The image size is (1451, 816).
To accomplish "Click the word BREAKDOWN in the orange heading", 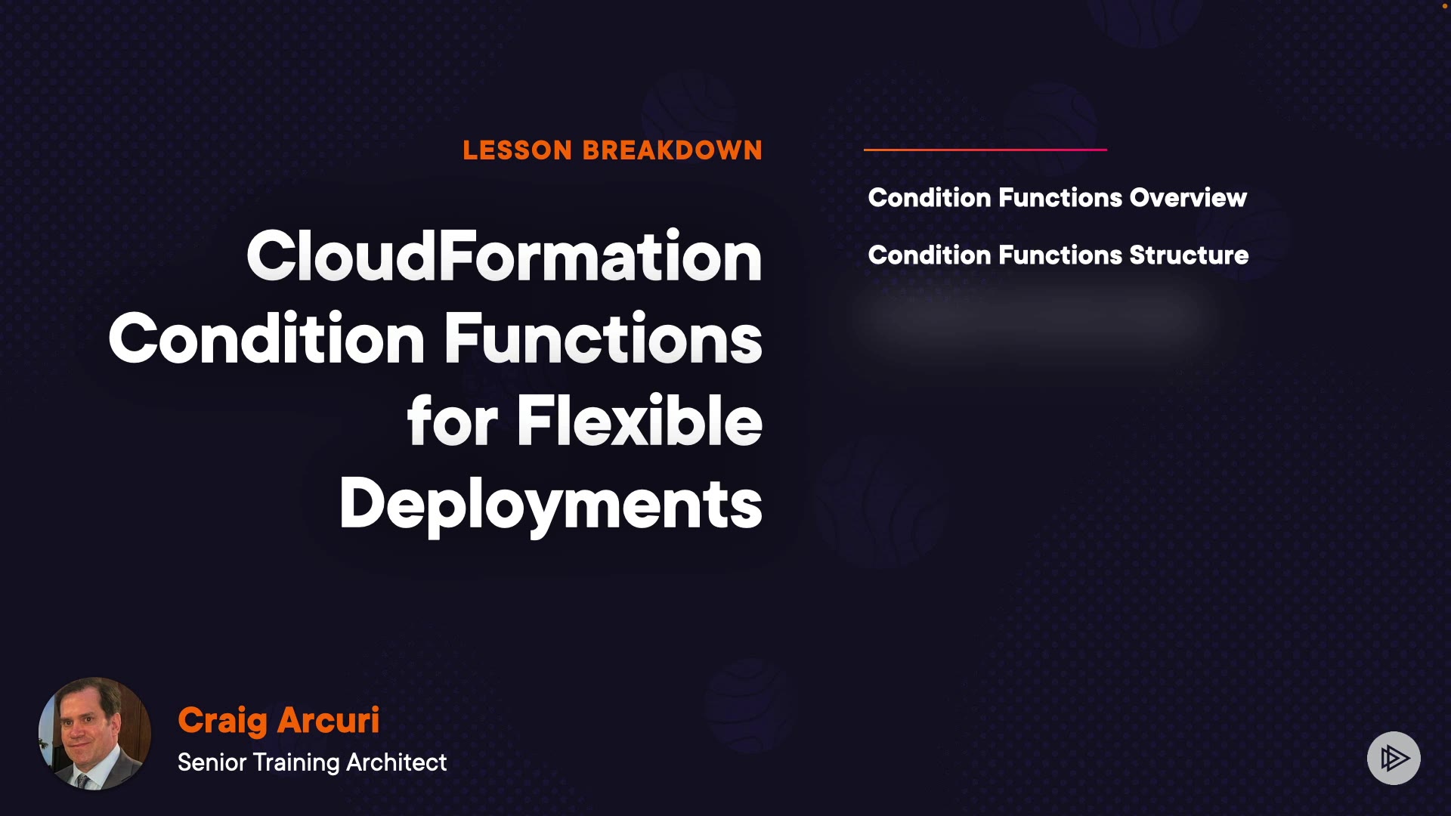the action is click(x=673, y=150).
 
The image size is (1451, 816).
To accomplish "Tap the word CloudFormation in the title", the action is click(x=504, y=256).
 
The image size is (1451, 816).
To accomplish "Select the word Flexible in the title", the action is click(x=639, y=421).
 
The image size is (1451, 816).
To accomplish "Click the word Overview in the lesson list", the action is click(x=1188, y=197).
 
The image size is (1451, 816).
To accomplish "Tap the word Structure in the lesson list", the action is click(x=1189, y=255).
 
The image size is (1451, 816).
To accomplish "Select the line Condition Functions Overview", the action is click(x=1057, y=197).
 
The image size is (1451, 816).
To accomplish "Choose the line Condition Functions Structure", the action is click(x=1058, y=255).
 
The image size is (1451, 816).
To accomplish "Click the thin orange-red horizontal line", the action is click(x=985, y=150).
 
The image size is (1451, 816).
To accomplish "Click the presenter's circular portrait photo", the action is click(x=94, y=734).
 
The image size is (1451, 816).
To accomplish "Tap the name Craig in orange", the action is click(x=222, y=721).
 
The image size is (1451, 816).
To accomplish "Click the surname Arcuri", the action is click(x=329, y=720).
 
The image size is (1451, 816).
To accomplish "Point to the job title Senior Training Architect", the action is click(x=312, y=762).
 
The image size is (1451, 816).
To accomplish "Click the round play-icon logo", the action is click(x=1394, y=758).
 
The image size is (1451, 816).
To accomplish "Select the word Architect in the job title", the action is click(x=397, y=762).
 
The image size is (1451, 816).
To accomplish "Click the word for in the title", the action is click(x=453, y=421).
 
